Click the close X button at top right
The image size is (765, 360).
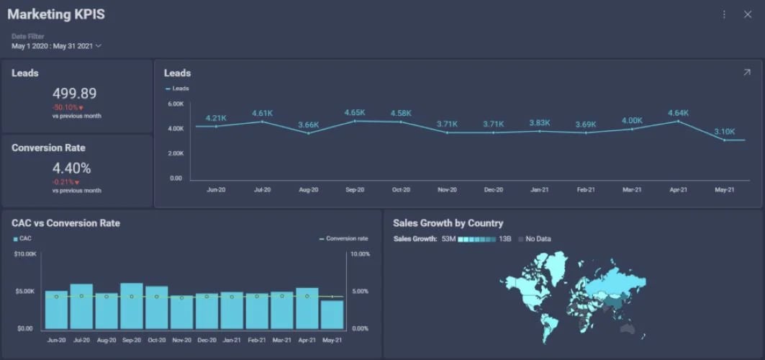click(x=747, y=14)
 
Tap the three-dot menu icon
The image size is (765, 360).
click(x=724, y=14)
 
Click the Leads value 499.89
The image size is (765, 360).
click(x=74, y=94)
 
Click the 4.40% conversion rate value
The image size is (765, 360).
click(x=72, y=168)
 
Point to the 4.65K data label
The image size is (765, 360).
click(x=355, y=113)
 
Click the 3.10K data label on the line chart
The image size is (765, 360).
click(x=725, y=132)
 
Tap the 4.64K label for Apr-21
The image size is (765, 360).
click(x=678, y=113)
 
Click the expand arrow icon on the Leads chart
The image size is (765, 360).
click(x=746, y=73)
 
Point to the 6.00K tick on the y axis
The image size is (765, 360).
click(x=176, y=104)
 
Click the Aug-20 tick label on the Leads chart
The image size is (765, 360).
click(x=309, y=190)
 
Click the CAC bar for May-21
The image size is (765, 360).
click(x=332, y=314)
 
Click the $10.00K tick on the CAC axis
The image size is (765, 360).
click(x=25, y=254)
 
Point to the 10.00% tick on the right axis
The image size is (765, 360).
click(x=360, y=254)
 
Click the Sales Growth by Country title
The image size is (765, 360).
click(x=448, y=223)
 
